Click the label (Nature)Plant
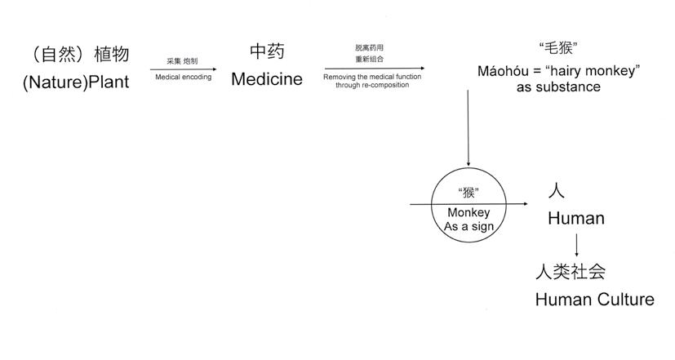point(75,81)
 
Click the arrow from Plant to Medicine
point(183,69)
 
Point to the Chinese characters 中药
point(267,52)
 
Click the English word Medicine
point(267,79)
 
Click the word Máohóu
point(505,71)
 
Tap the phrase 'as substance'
point(558,87)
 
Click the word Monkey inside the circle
point(469,213)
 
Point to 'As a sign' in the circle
point(469,227)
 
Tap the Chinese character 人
point(555,191)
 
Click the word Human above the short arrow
point(575,219)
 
